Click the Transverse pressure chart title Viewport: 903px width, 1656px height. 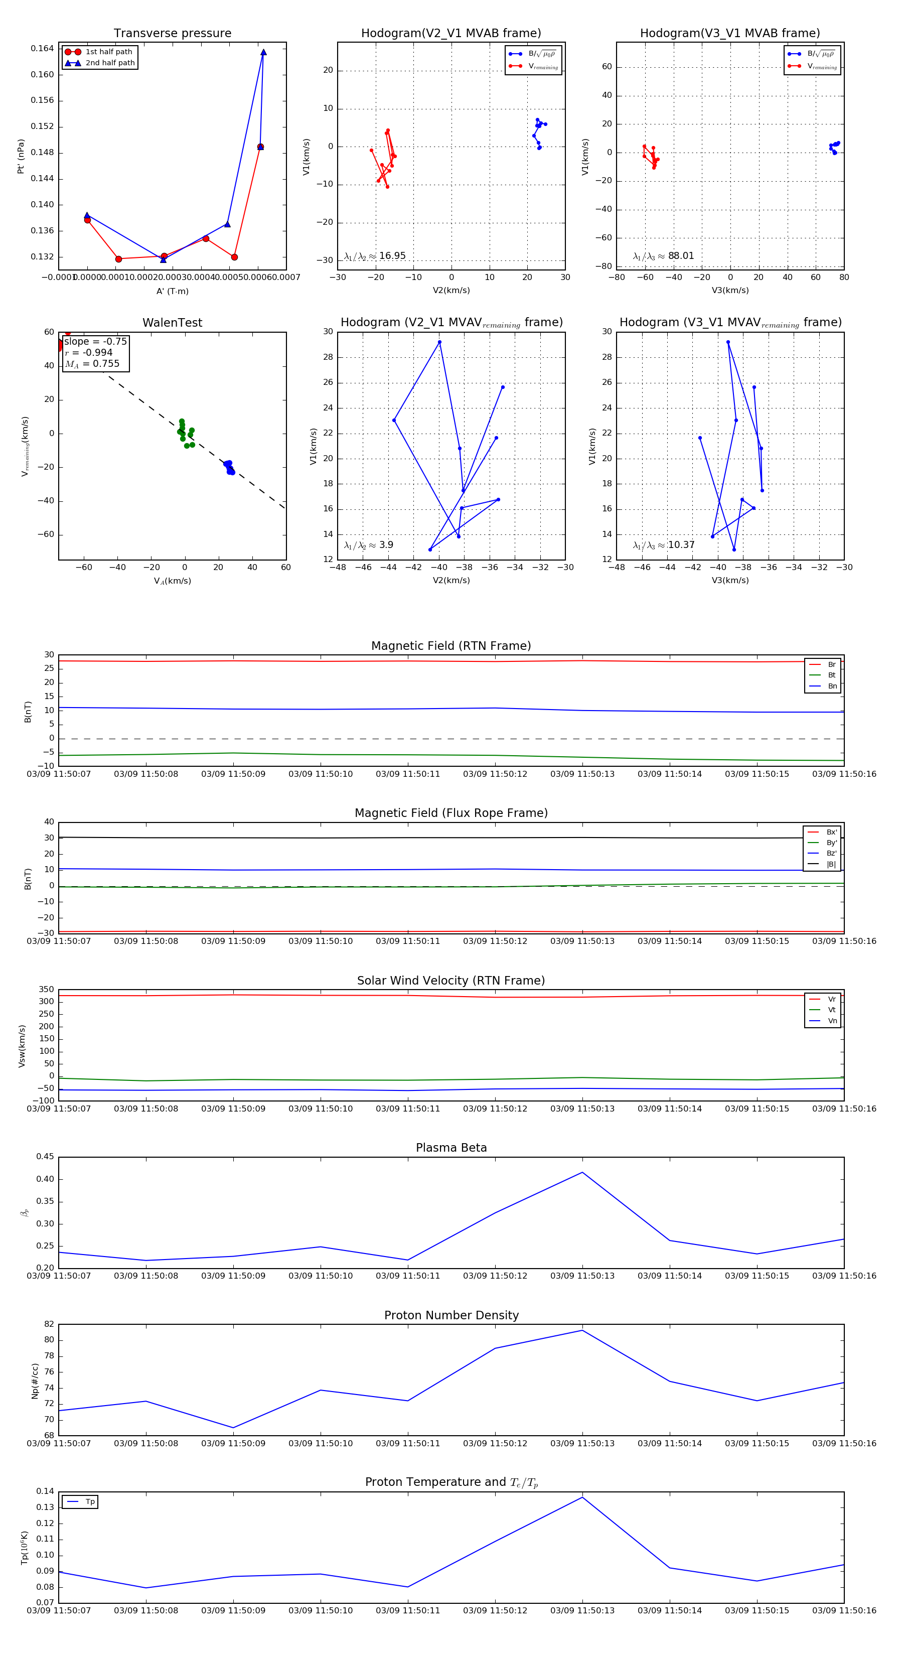click(x=172, y=34)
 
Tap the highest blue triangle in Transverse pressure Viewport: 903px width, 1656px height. click(x=263, y=52)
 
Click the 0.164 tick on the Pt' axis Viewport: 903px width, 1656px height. click(x=43, y=49)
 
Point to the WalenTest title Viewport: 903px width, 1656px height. click(x=172, y=323)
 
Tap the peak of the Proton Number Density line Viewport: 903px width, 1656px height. click(x=582, y=1330)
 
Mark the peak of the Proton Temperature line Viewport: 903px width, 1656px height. click(x=582, y=1497)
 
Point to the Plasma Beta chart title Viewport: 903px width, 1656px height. click(x=451, y=1148)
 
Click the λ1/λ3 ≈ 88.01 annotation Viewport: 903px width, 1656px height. click(x=663, y=256)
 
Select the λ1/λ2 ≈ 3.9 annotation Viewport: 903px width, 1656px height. click(x=368, y=545)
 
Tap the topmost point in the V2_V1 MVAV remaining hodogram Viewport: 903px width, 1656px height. click(x=439, y=342)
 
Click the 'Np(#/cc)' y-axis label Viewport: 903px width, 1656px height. click(x=35, y=1381)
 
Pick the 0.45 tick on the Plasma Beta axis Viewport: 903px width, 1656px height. click(x=45, y=1157)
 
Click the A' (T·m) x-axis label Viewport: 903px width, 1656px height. click(x=172, y=291)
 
